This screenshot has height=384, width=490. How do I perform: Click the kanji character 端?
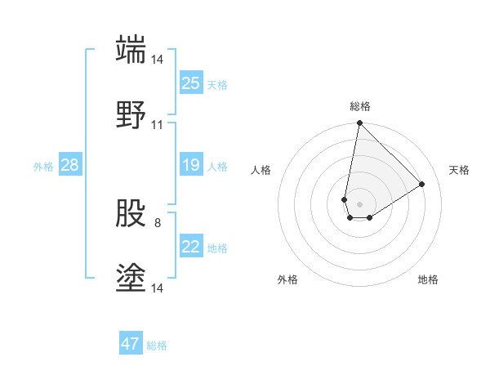click(x=131, y=49)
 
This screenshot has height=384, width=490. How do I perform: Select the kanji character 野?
click(x=131, y=114)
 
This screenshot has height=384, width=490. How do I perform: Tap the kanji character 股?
click(x=131, y=214)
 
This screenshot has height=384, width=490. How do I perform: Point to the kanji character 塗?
click(x=131, y=279)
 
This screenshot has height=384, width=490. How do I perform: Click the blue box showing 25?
click(x=191, y=83)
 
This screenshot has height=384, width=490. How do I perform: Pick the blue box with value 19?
click(x=191, y=166)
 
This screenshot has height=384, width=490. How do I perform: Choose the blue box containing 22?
click(x=191, y=247)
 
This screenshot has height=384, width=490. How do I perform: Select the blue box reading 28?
click(x=70, y=166)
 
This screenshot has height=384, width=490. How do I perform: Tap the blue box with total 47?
click(x=131, y=344)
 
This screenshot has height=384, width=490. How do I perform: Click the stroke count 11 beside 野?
click(x=158, y=125)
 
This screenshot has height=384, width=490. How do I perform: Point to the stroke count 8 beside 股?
click(x=158, y=221)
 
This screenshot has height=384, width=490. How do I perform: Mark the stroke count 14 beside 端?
click(x=158, y=60)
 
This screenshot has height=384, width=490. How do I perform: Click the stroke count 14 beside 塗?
click(x=158, y=288)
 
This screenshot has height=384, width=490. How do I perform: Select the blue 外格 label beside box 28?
click(x=43, y=167)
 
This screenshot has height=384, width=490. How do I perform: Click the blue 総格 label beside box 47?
click(x=157, y=346)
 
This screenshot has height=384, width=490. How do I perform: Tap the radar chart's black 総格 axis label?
click(x=360, y=106)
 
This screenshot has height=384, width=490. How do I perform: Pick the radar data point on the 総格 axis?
click(x=359, y=124)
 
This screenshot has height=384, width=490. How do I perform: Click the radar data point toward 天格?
click(x=422, y=184)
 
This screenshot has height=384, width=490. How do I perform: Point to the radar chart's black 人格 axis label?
click(x=261, y=170)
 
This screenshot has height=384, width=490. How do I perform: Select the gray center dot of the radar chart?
click(x=359, y=204)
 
